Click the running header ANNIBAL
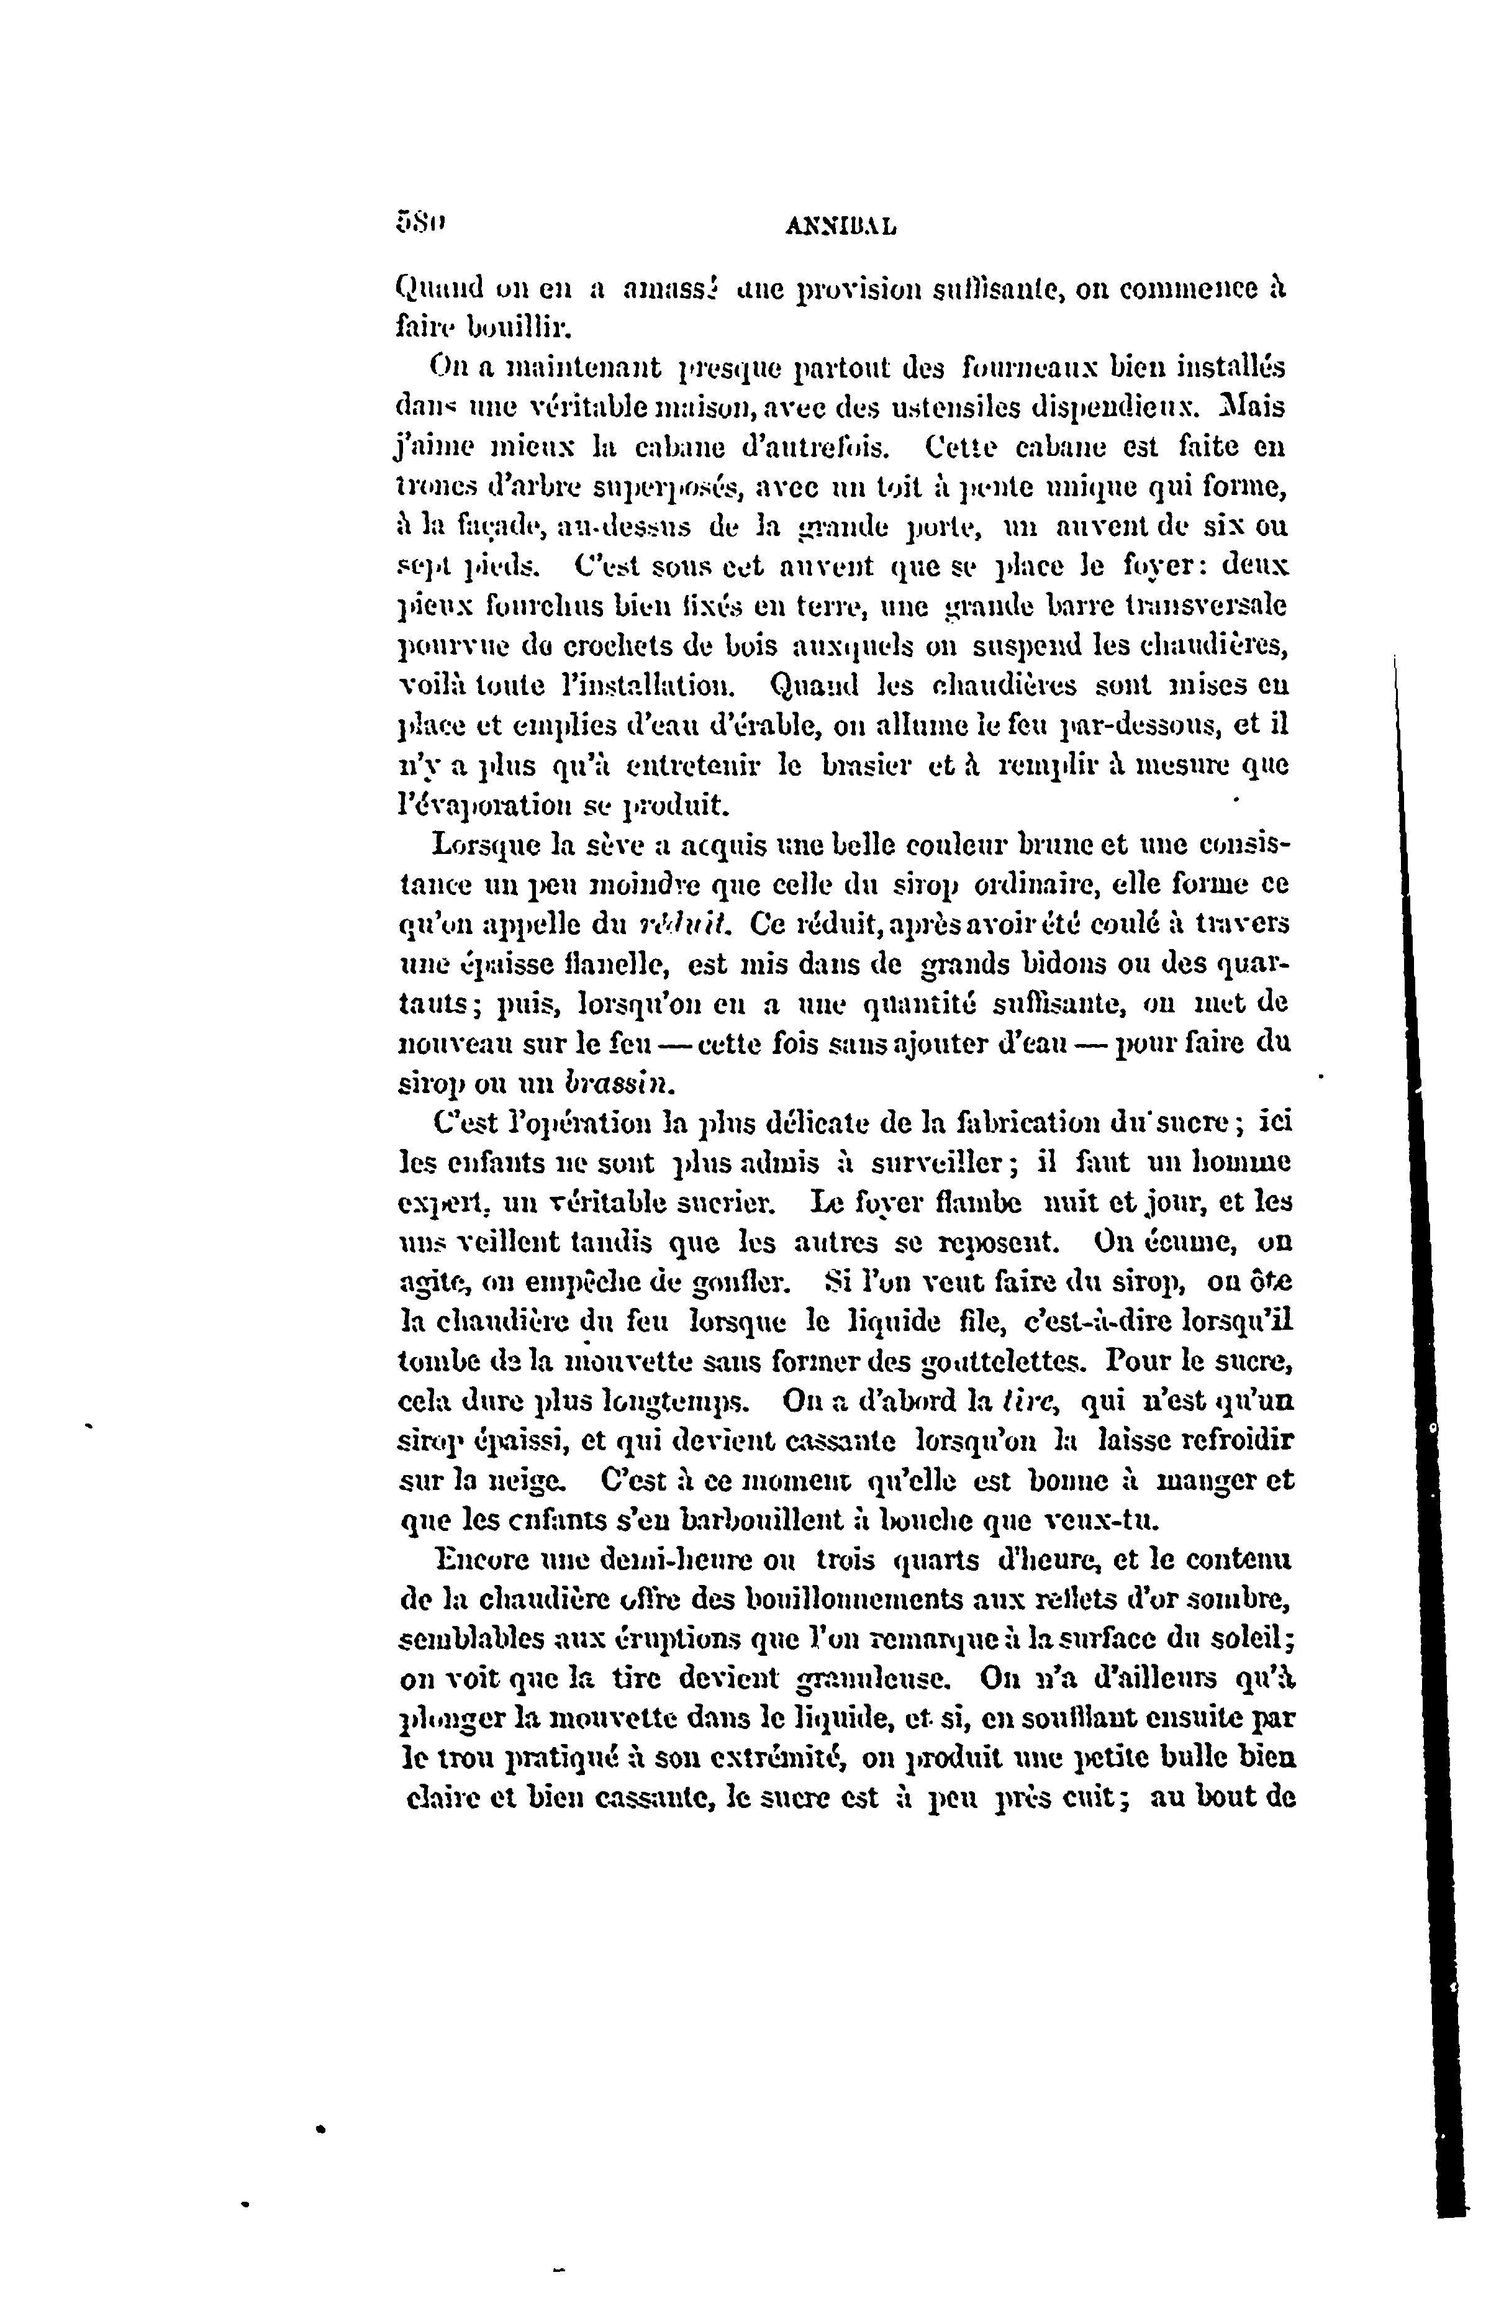(x=840, y=228)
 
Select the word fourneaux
(x=1028, y=368)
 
